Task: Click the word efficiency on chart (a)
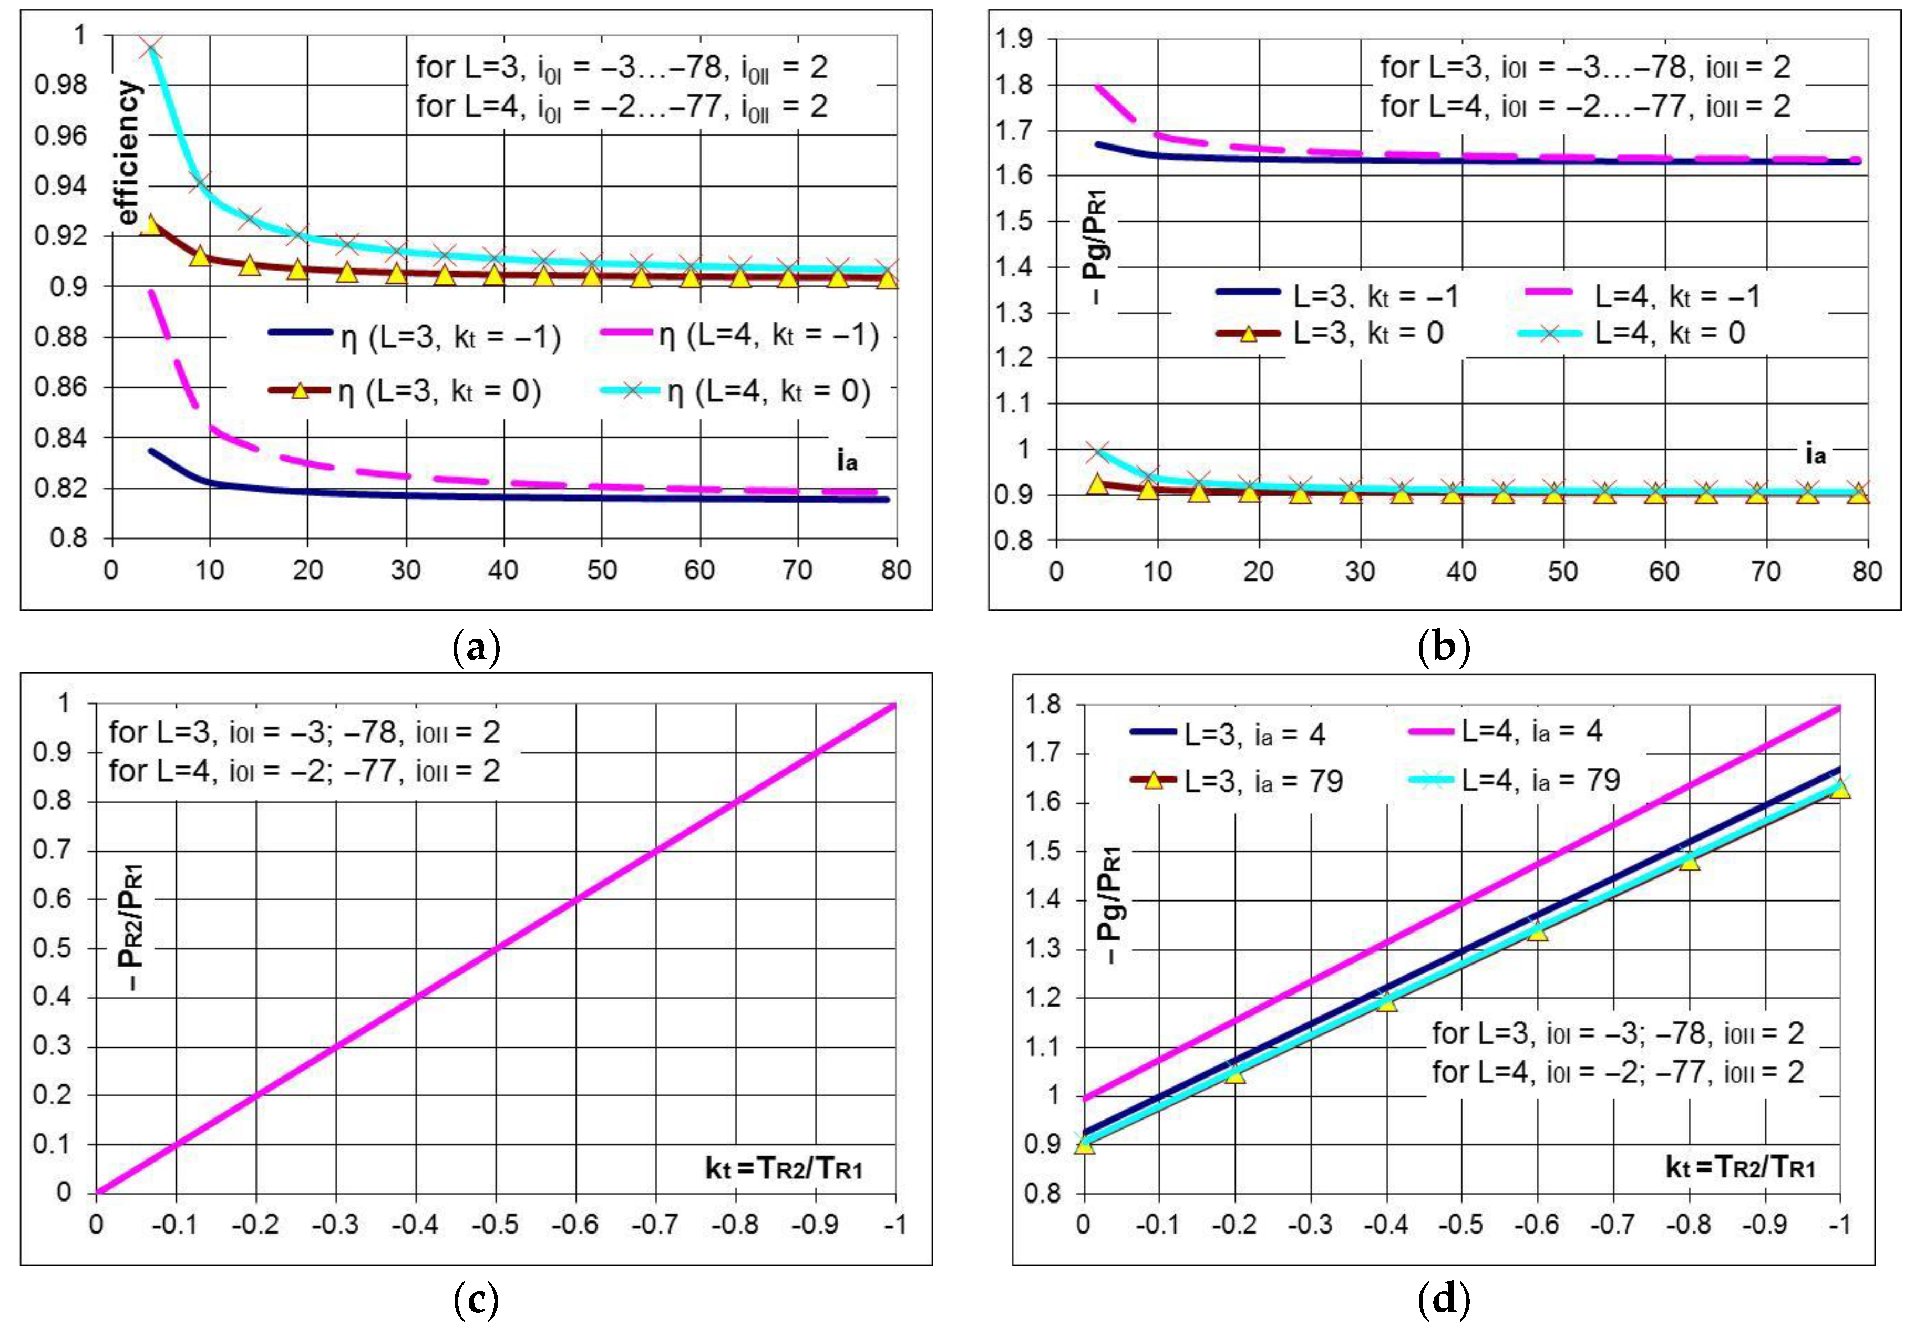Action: tap(128, 153)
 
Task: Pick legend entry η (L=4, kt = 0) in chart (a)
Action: tap(737, 391)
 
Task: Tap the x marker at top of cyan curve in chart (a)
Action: tap(151, 48)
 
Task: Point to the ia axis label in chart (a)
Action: tap(847, 460)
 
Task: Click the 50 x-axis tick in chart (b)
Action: tap(1562, 571)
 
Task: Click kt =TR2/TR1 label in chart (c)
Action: tap(784, 1168)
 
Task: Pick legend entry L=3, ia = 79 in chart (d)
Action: tap(1238, 781)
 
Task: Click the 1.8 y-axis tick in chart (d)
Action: tap(1043, 705)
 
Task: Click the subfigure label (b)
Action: tap(1444, 647)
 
